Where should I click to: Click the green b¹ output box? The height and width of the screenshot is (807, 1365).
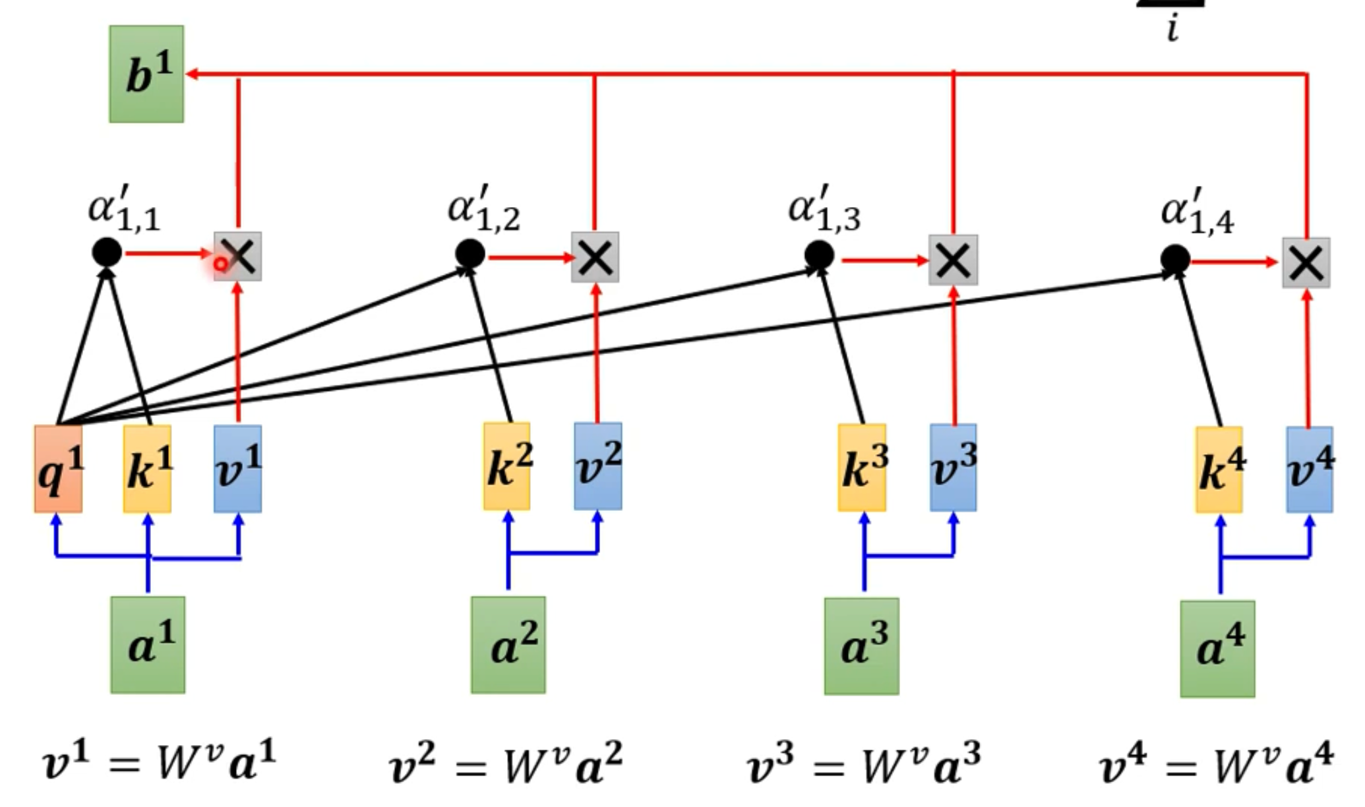pos(146,74)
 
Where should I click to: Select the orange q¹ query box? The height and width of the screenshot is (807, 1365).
pos(59,469)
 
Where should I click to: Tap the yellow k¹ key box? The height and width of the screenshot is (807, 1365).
pos(148,469)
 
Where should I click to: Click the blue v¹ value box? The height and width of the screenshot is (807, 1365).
pos(238,469)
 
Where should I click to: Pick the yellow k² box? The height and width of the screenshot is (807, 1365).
pos(507,466)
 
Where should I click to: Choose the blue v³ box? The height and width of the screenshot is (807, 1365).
pos(954,467)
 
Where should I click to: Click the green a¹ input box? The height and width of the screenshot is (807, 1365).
pos(148,645)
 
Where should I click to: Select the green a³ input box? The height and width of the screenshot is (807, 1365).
pos(862,646)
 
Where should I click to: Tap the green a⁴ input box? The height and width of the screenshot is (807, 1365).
pos(1218,649)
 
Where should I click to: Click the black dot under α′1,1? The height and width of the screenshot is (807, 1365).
pos(107,253)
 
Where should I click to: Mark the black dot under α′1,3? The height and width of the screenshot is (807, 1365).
pos(819,255)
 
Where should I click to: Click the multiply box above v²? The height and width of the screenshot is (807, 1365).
pos(595,257)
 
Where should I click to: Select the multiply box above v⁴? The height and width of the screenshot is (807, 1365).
pos(1306,263)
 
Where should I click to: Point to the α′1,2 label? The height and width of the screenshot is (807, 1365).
pos(483,209)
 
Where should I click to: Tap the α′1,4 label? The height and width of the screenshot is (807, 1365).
pos(1197,212)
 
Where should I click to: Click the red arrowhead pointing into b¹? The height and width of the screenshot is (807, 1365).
pos(192,74)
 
